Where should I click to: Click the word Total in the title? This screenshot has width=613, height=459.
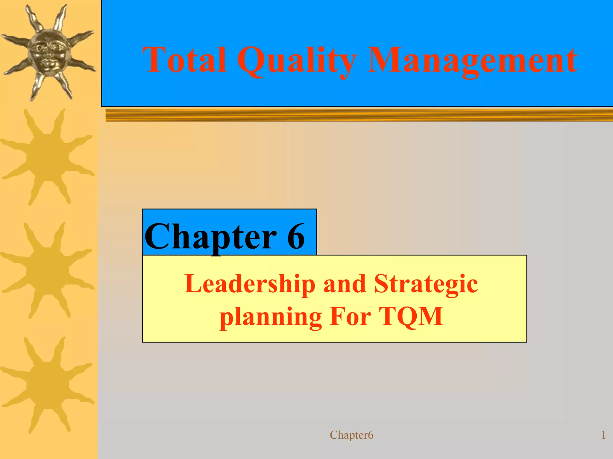click(184, 60)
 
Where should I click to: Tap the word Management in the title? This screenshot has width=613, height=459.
click(472, 61)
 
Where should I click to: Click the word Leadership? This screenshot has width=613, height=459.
click(250, 284)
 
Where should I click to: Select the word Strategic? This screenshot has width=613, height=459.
click(426, 284)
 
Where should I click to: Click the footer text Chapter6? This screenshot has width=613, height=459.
click(351, 435)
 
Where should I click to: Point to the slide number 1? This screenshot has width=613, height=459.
click(603, 435)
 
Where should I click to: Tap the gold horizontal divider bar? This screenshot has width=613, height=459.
click(359, 115)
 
